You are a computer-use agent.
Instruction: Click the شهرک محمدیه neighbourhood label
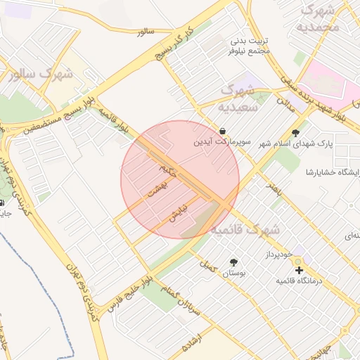pos(318,19)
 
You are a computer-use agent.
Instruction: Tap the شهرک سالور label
pos(40,74)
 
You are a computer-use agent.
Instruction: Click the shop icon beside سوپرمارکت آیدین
pos(222,131)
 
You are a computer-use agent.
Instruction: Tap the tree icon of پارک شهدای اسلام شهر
pos(295,133)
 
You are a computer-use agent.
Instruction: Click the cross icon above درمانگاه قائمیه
pos(299,270)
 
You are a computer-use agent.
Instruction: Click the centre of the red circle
pos(180,179)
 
